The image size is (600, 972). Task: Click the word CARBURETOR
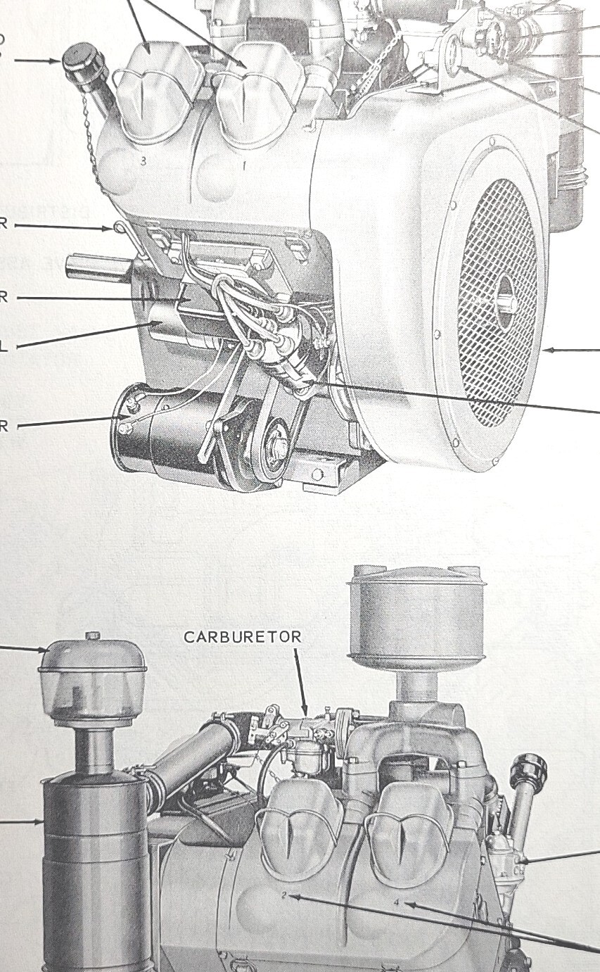[243, 637]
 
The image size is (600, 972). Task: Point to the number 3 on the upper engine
[143, 161]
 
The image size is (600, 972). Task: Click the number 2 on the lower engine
[283, 895]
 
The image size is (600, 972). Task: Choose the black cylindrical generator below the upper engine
[162, 433]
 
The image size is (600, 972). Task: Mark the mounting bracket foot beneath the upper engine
[331, 476]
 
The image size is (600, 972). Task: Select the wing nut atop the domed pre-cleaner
[91, 636]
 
